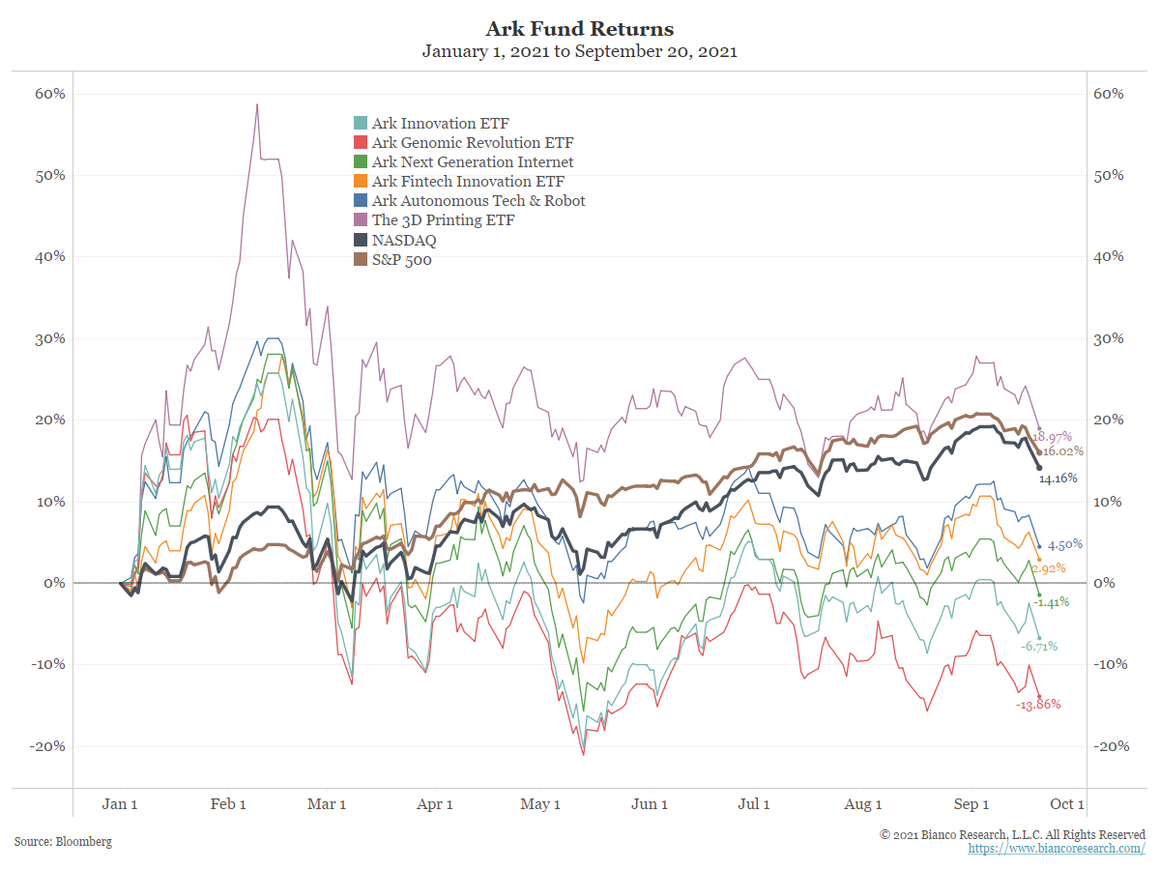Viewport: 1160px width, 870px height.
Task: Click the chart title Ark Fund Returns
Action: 580,28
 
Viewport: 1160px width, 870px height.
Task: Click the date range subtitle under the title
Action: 580,52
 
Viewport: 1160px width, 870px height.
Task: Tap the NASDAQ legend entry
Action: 404,240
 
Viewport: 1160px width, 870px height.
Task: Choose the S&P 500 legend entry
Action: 401,259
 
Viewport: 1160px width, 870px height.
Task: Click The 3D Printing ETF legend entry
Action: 443,220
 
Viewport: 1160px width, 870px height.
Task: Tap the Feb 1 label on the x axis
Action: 229,804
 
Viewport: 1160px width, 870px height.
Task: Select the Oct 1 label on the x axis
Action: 1068,804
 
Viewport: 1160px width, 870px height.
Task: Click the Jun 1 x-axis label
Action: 650,804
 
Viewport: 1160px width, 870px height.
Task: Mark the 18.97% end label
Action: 1053,437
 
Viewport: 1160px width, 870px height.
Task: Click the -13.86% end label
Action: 1038,705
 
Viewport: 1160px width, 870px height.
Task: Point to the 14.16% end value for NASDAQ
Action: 1058,478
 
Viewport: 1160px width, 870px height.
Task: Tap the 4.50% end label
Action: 1064,544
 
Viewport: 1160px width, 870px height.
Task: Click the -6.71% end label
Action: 1039,646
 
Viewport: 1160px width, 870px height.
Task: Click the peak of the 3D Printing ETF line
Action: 257,104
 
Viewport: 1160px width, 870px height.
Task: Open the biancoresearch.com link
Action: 1057,849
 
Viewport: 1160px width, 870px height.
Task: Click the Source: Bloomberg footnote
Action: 63,842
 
